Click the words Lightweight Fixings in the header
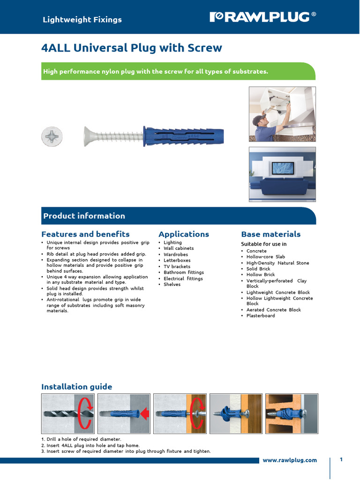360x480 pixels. click(x=82, y=20)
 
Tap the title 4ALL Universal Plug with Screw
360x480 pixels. click(x=132, y=48)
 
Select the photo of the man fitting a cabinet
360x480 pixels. click(x=282, y=114)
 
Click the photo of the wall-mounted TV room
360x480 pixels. click(x=282, y=174)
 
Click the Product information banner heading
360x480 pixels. click(x=84, y=216)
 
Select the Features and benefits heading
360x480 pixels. click(x=85, y=234)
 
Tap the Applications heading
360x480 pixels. click(x=184, y=234)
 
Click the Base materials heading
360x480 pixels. click(x=270, y=234)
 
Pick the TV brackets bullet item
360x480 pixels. click(x=177, y=266)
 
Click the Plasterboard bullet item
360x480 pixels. click(x=261, y=315)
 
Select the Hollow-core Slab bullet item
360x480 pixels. click(x=265, y=257)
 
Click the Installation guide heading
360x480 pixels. click(x=77, y=387)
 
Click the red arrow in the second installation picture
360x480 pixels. click(x=144, y=413)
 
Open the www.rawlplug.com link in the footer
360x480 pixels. click(x=289, y=460)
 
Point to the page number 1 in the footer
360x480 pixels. click(x=342, y=459)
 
